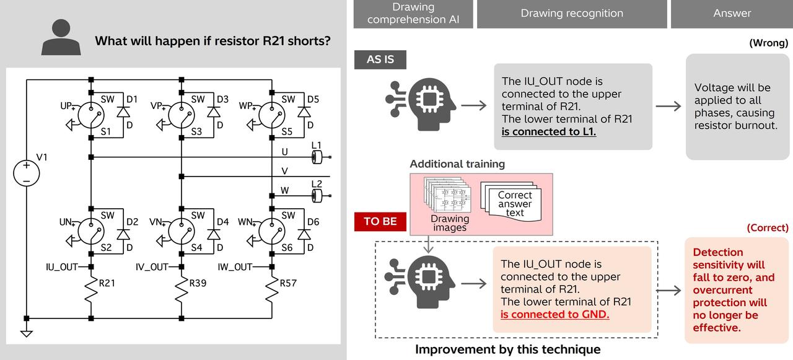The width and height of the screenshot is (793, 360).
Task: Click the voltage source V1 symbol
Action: tap(26, 172)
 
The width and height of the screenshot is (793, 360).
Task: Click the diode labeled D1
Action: tap(123, 112)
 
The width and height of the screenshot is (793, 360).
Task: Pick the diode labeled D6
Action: tap(304, 234)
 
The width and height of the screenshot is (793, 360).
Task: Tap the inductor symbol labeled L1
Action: tap(317, 157)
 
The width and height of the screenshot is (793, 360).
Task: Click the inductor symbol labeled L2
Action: tap(317, 196)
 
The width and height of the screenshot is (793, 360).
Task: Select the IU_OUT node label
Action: tap(63, 267)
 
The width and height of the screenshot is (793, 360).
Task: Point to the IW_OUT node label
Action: tap(235, 267)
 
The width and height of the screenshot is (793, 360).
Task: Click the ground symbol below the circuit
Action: tap(26, 333)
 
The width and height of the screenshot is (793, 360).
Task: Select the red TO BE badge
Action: tap(380, 221)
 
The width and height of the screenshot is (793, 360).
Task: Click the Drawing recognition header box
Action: tap(572, 14)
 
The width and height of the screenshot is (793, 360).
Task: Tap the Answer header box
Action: tap(732, 14)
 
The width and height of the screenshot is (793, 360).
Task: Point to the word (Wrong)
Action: tap(768, 43)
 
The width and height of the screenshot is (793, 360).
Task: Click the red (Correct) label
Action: tap(768, 228)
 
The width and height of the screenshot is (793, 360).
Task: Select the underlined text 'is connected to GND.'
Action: tap(554, 315)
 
